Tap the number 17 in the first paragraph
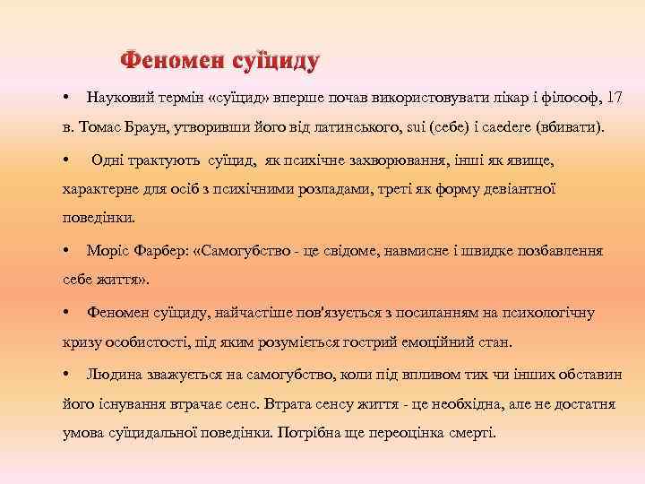[615, 95]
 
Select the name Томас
[104, 127]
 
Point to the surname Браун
[151, 127]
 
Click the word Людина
[112, 372]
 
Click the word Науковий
[116, 95]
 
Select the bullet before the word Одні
[67, 160]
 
